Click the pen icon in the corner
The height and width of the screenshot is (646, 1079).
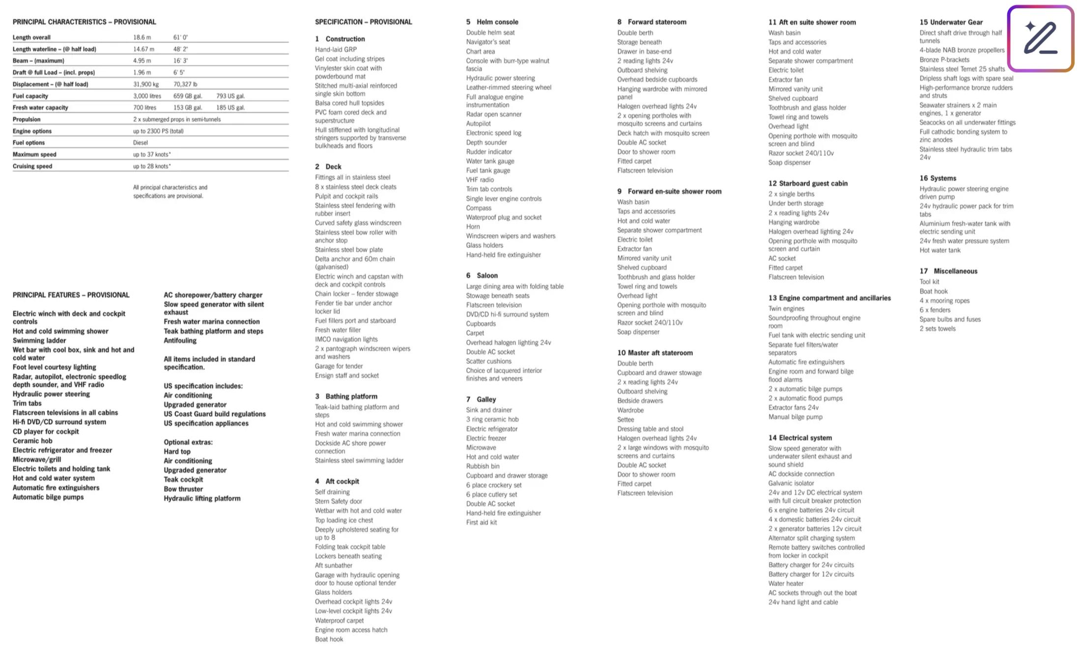(x=1040, y=38)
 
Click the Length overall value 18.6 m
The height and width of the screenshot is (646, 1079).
(x=142, y=37)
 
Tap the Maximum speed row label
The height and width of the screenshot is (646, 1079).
(x=34, y=155)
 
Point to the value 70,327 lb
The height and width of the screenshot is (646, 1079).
(x=185, y=84)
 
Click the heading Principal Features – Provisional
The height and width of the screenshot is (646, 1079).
(x=71, y=295)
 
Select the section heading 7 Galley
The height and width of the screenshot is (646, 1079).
(x=481, y=400)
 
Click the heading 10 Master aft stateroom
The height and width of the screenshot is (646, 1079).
(x=654, y=353)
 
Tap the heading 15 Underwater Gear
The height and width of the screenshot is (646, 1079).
(x=951, y=22)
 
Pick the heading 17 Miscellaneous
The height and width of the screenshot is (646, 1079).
(x=948, y=271)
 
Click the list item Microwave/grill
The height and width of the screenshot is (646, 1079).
(x=37, y=460)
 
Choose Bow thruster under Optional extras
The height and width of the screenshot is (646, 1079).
(x=183, y=489)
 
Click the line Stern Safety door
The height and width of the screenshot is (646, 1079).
(x=338, y=502)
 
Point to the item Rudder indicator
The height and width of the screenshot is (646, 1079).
(x=489, y=152)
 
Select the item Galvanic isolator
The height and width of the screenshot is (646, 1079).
(x=791, y=484)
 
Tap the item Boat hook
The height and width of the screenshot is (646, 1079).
(x=934, y=292)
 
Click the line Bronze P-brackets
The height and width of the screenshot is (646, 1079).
(x=944, y=60)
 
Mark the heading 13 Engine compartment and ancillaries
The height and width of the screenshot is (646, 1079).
(x=829, y=298)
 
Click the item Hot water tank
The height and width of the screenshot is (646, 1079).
(x=939, y=250)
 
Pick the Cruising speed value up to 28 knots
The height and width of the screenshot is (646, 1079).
(x=152, y=166)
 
